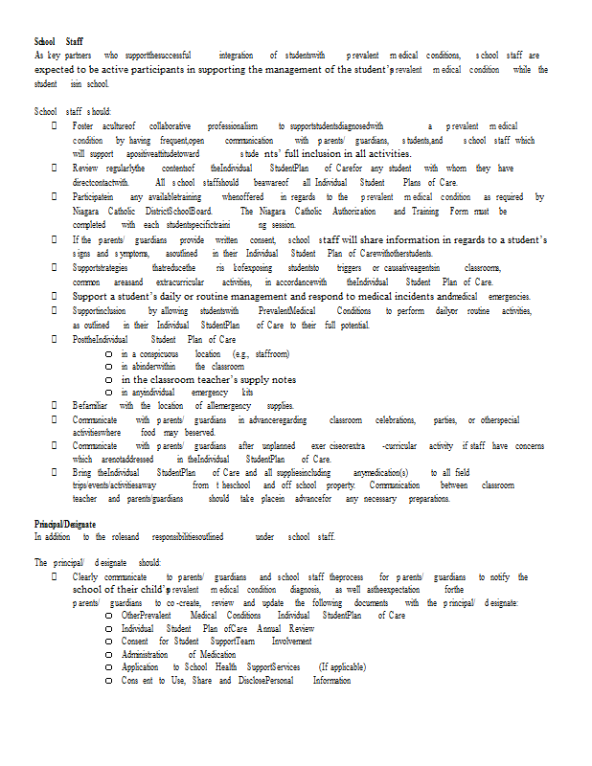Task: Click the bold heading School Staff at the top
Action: (58, 42)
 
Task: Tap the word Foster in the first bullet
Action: (82, 125)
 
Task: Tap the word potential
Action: (354, 326)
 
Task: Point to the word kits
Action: (248, 392)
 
